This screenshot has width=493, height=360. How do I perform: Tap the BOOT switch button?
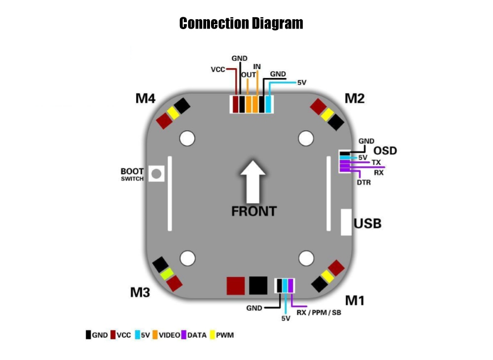(156, 174)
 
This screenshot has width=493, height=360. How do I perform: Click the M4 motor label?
(145, 99)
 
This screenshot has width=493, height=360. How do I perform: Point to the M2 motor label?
(354, 99)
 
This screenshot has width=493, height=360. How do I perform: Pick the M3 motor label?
(140, 292)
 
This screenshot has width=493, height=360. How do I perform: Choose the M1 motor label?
(354, 300)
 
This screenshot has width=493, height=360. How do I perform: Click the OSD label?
(385, 150)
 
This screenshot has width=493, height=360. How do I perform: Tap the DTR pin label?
(364, 182)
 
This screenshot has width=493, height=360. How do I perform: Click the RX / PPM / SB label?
(318, 313)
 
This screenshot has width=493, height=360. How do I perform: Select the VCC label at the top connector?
(218, 70)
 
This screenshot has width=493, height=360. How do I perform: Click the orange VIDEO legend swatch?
(154, 335)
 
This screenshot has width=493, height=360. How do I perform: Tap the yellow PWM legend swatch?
(212, 335)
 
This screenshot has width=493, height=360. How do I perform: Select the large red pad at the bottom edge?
(236, 286)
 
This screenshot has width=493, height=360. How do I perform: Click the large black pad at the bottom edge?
(258, 286)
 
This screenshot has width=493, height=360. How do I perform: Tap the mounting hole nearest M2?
(306, 139)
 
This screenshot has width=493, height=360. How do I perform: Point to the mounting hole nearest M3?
(187, 257)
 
